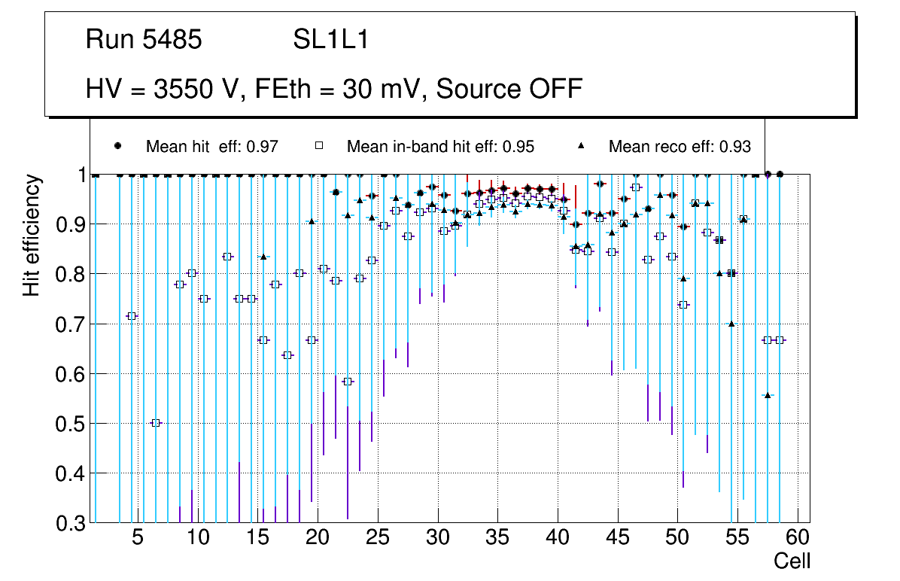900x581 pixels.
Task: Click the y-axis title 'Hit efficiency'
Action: pyautogui.click(x=32, y=236)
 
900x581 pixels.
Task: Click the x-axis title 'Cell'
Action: pyautogui.click(x=792, y=561)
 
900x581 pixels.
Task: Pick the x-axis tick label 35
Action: pyautogui.click(x=497, y=539)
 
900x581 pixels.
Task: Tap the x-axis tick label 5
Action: pyautogui.click(x=138, y=539)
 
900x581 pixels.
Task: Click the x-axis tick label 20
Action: pyautogui.click(x=318, y=539)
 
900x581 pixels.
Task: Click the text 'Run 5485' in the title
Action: pyautogui.click(x=144, y=40)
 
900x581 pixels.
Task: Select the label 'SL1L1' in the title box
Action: pyautogui.click(x=330, y=40)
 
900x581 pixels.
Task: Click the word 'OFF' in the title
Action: pyautogui.click(x=554, y=89)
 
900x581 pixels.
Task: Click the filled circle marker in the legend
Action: pyautogui.click(x=118, y=146)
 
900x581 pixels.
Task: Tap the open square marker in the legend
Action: pyautogui.click(x=318, y=146)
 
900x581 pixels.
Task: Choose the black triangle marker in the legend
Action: pyautogui.click(x=581, y=146)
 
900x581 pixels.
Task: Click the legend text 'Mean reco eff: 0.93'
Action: pyautogui.click(x=680, y=147)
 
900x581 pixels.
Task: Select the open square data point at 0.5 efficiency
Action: pyautogui.click(x=156, y=423)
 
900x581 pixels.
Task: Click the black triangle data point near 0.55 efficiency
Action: pyautogui.click(x=768, y=395)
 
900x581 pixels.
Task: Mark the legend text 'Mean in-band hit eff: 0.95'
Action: pyautogui.click(x=440, y=147)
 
